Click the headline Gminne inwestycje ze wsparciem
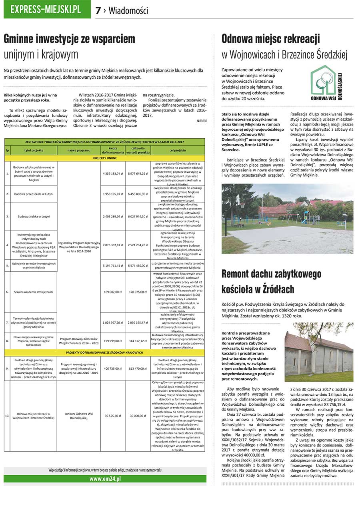pyautogui.click(x=69, y=39)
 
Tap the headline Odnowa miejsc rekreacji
pyautogui.click(x=270, y=39)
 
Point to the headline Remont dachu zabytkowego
pyautogui.click(x=271, y=274)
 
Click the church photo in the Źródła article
pyautogui.click(x=313, y=352)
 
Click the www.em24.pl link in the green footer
pyautogui.click(x=105, y=478)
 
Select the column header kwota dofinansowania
pyautogui.click(x=113, y=150)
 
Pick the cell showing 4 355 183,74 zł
pyautogui.click(x=113, y=173)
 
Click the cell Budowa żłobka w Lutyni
pyautogui.click(x=34, y=216)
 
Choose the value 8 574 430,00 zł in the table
pyautogui.click(x=138, y=265)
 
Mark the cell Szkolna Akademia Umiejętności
pyautogui.click(x=34, y=292)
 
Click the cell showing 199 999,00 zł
pyautogui.click(x=113, y=341)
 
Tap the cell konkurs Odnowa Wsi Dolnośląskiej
pyautogui.click(x=78, y=416)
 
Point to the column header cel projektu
pyautogui.click(x=178, y=150)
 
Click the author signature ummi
pyautogui.click(x=202, y=120)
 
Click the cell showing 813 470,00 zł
pyautogui.click(x=138, y=368)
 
